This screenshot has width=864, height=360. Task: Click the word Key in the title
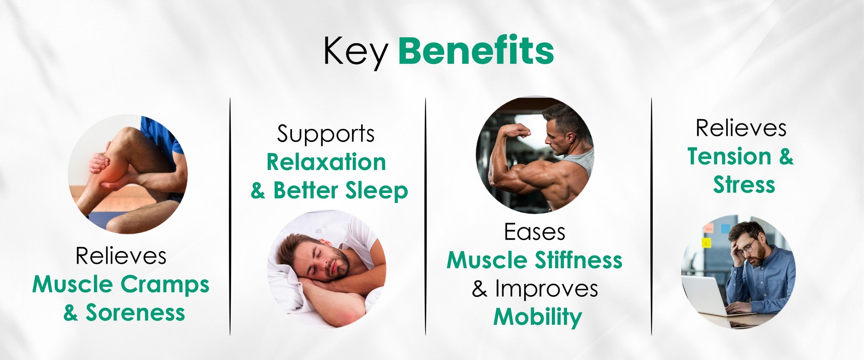click(x=355, y=53)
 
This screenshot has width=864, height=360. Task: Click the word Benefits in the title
click(x=476, y=50)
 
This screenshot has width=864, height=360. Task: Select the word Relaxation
click(x=326, y=162)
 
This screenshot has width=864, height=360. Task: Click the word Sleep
click(x=376, y=191)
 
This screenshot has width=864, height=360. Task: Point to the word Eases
click(x=535, y=232)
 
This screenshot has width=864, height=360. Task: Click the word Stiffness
click(x=579, y=260)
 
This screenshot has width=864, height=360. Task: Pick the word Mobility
click(x=537, y=317)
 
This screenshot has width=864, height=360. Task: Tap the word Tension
click(x=729, y=156)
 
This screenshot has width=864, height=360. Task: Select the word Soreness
click(x=135, y=312)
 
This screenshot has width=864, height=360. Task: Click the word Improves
click(x=546, y=289)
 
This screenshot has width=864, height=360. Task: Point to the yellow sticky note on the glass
click(x=707, y=243)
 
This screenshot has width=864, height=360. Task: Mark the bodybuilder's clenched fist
click(x=522, y=129)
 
